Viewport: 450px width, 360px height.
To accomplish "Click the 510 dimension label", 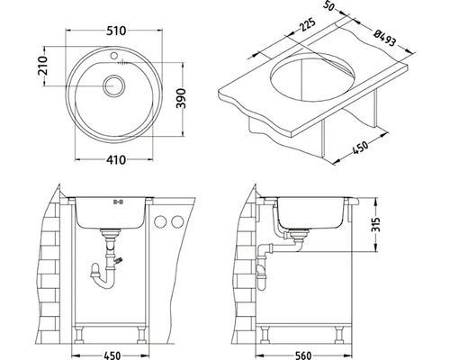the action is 116,31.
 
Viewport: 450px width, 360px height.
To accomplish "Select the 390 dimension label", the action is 181,98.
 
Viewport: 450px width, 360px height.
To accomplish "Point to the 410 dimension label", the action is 116,160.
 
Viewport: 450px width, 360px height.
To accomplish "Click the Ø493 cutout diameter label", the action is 384,39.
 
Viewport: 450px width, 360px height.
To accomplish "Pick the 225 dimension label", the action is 308,25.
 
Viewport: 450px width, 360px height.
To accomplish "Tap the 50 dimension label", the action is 328,5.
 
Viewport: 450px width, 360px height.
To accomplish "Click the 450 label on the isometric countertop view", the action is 359,148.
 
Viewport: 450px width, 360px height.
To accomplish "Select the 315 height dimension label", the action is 375,224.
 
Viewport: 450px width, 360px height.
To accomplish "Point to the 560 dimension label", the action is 303,355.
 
